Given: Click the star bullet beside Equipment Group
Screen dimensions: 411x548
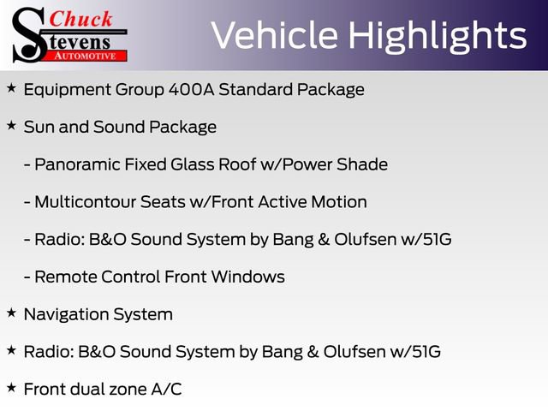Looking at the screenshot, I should (11, 88).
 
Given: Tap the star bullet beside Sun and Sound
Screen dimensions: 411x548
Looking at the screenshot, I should (11, 126).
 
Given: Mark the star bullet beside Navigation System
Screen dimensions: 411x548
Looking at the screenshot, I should (11, 313).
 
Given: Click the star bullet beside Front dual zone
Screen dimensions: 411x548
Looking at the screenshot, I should (11, 388).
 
